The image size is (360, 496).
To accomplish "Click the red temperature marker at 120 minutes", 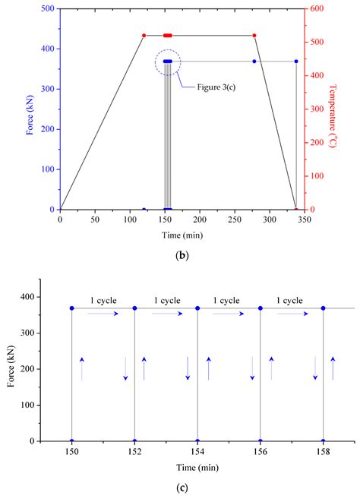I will point(144,35).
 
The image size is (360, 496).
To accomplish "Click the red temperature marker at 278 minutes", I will point(254,35).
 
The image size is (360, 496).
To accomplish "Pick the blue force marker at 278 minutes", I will point(254,62).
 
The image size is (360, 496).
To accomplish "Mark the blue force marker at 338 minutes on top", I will point(296,62).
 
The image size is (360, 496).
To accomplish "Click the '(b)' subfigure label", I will point(182,255).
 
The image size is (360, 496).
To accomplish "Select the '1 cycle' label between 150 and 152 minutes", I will point(104,300).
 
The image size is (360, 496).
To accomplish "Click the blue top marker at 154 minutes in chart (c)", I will point(197,308).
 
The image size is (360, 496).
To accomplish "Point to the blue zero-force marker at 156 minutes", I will point(261,441).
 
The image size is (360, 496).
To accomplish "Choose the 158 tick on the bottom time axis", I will point(324,450).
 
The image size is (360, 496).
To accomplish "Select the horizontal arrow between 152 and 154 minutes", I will point(167,313).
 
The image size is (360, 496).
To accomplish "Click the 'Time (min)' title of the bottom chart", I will point(197,466).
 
